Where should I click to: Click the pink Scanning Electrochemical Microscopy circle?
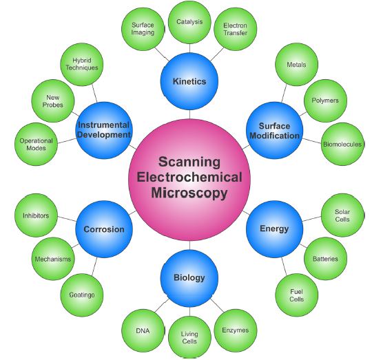189,180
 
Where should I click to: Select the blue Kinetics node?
189,81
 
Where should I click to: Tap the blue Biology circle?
189,278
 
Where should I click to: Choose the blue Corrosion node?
104,229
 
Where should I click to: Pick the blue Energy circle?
274,229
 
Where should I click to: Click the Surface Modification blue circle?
274,130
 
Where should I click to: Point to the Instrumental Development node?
104,130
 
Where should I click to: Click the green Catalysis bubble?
189,22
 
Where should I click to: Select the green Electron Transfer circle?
236,29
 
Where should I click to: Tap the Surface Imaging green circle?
143,29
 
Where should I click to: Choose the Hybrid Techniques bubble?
82,64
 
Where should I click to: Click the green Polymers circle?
325,100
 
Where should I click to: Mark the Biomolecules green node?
342,144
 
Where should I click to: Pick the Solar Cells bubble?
342,215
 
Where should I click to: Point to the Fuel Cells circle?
296,295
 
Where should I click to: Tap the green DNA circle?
143,330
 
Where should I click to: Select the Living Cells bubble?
189,337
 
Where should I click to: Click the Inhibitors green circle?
36,215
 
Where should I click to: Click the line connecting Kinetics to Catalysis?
189,48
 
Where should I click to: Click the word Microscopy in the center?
189,193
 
